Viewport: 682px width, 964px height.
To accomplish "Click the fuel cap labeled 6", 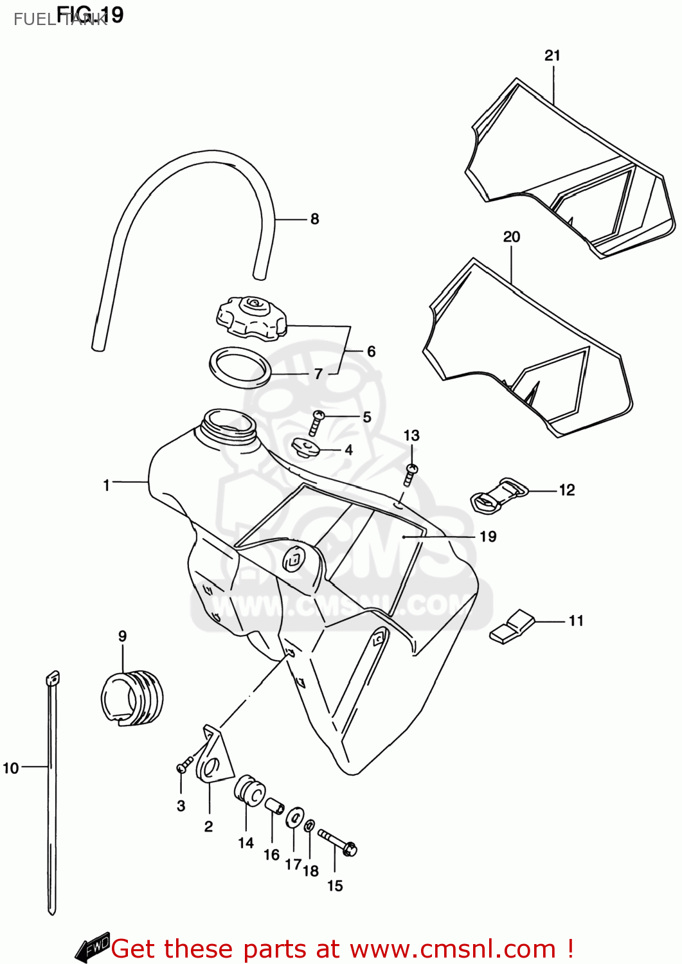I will click(x=251, y=317).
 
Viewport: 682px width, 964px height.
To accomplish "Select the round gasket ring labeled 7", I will click(x=239, y=368).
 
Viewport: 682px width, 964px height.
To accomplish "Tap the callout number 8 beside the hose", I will click(x=314, y=219).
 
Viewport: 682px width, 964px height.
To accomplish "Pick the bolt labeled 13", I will click(x=411, y=474).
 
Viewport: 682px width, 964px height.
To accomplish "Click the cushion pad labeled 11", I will click(x=512, y=627).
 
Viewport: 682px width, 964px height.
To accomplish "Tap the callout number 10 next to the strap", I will click(x=11, y=768).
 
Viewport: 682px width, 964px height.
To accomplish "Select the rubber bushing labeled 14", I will click(x=249, y=791).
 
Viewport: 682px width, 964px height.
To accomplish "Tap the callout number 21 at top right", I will click(x=552, y=56).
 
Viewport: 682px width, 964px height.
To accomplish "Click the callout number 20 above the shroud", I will click(x=512, y=237).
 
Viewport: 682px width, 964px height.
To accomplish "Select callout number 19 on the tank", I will click(x=488, y=537).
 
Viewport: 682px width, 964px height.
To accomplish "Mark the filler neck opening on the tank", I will click(x=228, y=425).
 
